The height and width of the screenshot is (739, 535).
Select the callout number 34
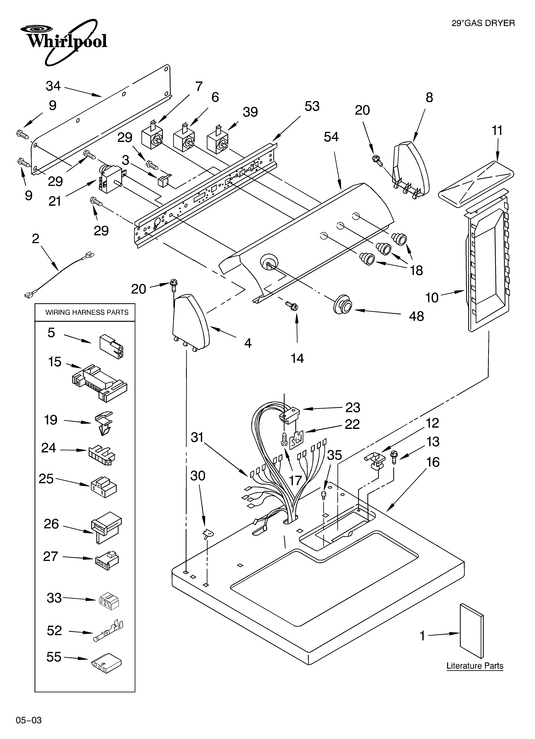tap(53, 86)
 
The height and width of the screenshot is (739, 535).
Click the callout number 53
tap(312, 106)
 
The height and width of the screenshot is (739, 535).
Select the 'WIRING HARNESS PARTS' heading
tap(87, 313)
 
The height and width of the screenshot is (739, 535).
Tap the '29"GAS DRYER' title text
tap(483, 23)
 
